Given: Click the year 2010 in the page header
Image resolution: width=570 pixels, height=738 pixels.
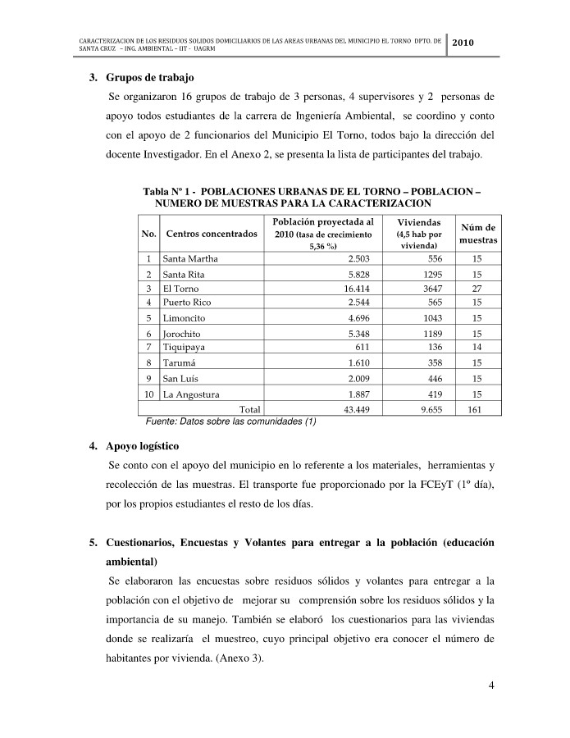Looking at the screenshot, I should click(463, 42).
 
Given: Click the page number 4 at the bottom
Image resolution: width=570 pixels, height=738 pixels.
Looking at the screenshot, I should click(490, 686).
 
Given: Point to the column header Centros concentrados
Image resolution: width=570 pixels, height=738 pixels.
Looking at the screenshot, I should click(212, 234).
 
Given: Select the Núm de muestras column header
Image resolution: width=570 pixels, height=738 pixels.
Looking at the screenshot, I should click(477, 234).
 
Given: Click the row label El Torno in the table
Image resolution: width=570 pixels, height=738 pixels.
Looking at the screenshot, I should click(181, 289).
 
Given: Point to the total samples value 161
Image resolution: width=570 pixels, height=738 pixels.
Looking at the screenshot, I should click(474, 409).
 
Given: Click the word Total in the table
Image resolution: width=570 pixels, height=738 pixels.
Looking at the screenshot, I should click(249, 409).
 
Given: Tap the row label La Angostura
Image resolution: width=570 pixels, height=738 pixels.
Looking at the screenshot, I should click(196, 394).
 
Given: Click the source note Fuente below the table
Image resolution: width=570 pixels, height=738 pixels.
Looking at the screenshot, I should click(230, 421).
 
